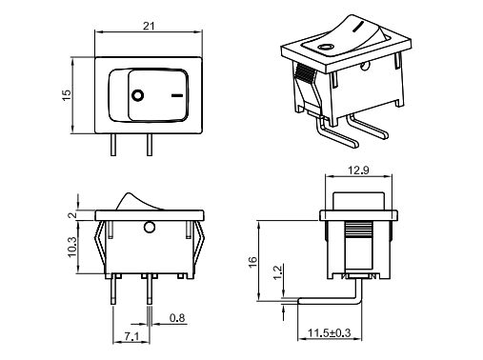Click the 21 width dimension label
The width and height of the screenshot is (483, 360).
[149, 26]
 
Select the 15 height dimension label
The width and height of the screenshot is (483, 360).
[67, 95]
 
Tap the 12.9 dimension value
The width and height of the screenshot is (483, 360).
[358, 170]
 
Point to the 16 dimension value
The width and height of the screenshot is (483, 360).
[252, 262]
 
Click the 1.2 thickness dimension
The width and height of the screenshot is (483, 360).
[277, 272]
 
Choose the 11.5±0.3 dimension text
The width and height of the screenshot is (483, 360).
[329, 333]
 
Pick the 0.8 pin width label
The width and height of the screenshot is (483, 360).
[177, 318]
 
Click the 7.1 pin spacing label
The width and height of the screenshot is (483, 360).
[131, 336]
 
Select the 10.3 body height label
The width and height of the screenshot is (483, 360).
[71, 247]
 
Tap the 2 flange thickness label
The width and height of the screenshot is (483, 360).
[72, 215]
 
